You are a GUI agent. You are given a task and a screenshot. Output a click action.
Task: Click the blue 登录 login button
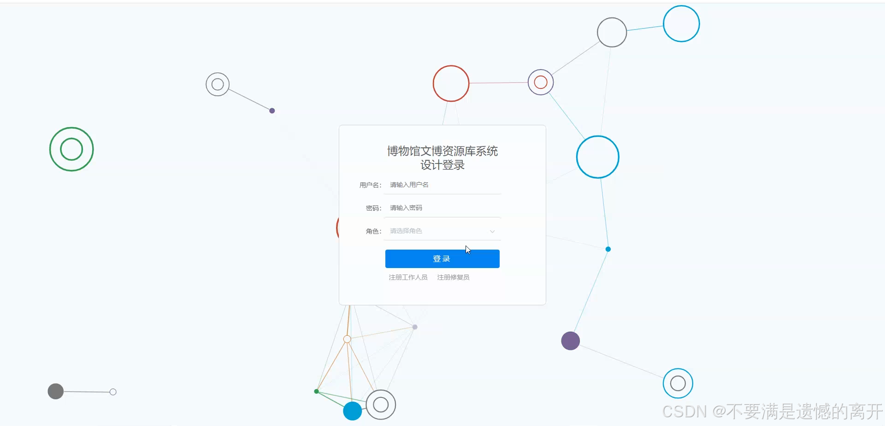pos(442,259)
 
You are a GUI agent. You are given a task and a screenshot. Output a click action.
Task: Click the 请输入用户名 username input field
pos(442,185)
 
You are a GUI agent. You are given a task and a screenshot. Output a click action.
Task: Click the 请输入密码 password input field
pos(442,208)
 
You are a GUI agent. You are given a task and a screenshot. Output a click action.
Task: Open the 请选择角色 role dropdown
pos(438,231)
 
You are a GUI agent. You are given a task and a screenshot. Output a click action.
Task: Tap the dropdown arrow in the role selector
pos(492,231)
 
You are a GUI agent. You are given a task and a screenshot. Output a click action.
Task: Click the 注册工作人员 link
pos(408,277)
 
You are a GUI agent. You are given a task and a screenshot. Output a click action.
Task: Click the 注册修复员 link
pos(453,277)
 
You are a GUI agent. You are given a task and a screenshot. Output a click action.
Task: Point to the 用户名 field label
pos(370,185)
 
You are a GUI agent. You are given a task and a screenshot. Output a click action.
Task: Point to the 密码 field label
pos(373,208)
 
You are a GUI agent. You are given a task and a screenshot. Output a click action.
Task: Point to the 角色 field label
pos(373,231)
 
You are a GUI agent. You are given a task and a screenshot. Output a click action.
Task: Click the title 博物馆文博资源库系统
pos(442,151)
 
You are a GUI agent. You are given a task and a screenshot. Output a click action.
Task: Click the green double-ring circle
pos(71,149)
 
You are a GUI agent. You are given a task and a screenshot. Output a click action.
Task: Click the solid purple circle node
pos(570,341)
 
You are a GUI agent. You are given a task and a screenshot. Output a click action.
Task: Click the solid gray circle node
pos(56,391)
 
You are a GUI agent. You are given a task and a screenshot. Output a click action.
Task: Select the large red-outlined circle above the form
pos(451,83)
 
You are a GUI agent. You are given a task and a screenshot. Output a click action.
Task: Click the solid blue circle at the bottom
pos(353,411)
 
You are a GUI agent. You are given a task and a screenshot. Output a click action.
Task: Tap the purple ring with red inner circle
pos(541,82)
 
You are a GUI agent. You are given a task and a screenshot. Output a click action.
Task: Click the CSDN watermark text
pos(772,411)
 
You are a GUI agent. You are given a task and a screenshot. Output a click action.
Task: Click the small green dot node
pos(316,391)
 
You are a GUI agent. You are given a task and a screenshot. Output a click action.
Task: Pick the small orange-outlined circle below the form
pos(347,339)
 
